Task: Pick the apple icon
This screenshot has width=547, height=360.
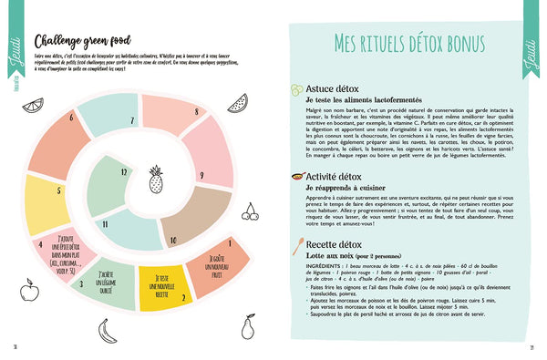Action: click(26, 268)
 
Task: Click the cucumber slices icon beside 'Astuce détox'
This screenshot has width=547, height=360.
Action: click(295, 89)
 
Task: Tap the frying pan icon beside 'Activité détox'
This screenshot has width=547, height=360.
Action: click(296, 178)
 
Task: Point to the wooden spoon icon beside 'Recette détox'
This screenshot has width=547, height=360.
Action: click(297, 243)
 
